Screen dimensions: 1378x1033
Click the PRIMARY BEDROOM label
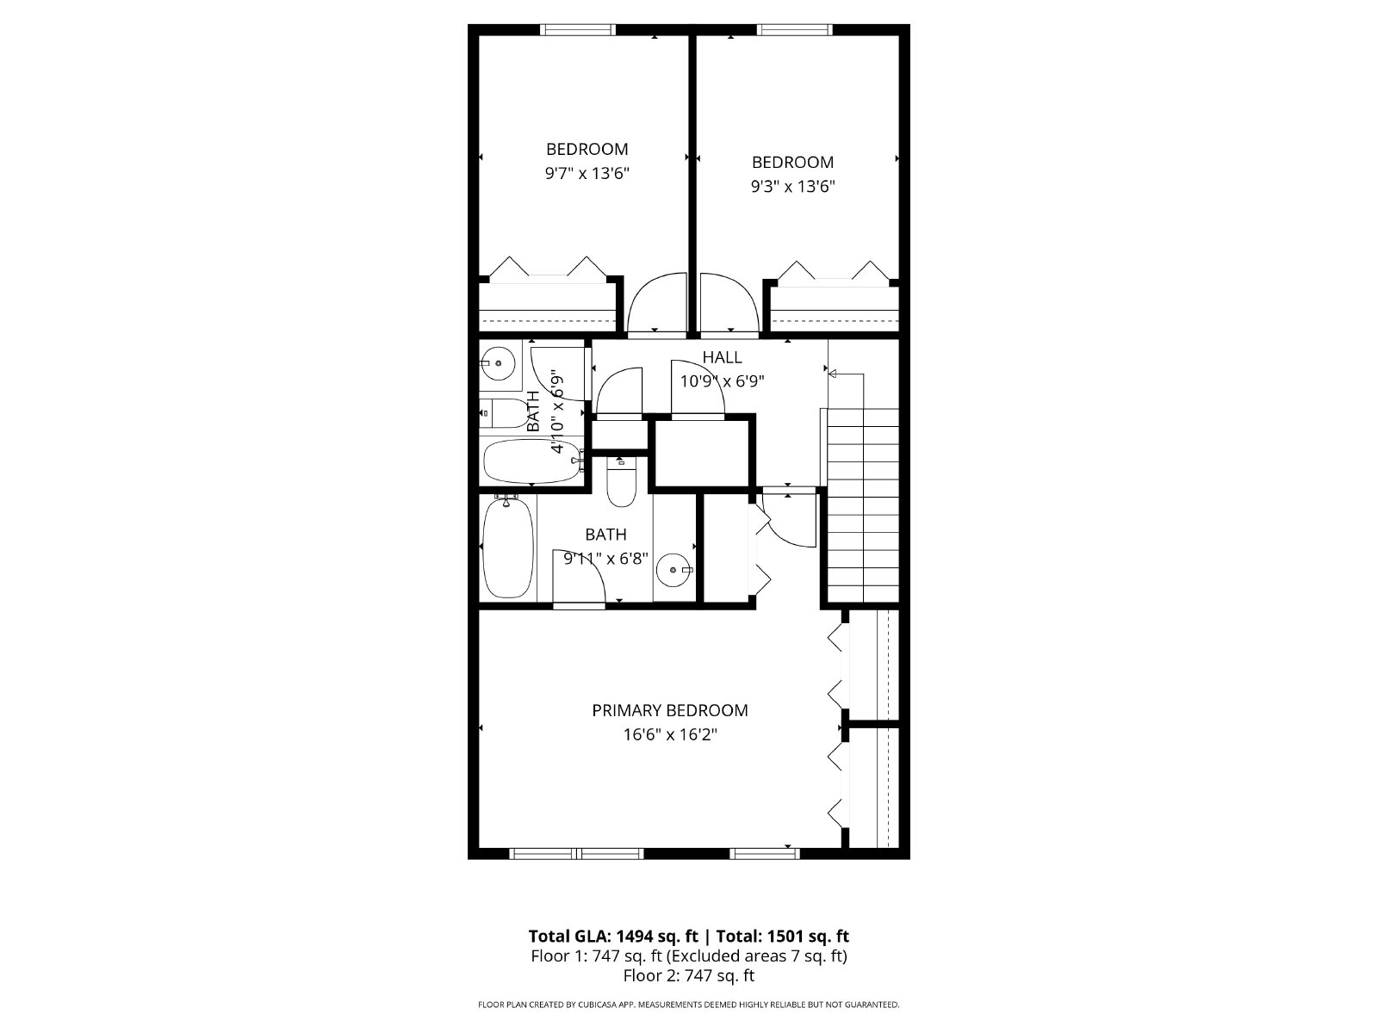click(x=670, y=711)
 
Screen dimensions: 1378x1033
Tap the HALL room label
click(x=722, y=357)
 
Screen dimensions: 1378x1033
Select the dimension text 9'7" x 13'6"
click(x=587, y=173)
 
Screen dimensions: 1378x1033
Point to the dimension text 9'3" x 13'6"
click(x=793, y=186)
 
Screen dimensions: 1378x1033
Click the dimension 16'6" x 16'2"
click(x=670, y=734)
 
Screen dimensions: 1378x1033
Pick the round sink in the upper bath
click(x=498, y=363)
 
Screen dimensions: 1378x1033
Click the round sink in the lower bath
click(x=673, y=570)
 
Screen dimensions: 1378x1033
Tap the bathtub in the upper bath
click(x=532, y=461)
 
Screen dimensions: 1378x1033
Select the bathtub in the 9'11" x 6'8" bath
click(x=508, y=547)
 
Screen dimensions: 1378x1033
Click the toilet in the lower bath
click(x=622, y=482)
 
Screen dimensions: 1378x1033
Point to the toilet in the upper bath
click(x=506, y=412)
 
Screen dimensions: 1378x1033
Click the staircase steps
click(x=863, y=505)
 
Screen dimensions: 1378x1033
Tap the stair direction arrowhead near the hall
click(x=833, y=374)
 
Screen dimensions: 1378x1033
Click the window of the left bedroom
click(x=578, y=29)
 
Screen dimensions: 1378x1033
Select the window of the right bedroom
click(x=794, y=29)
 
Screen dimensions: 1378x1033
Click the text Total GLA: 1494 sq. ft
click(x=613, y=937)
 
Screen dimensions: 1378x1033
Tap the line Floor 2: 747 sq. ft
click(x=689, y=975)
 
